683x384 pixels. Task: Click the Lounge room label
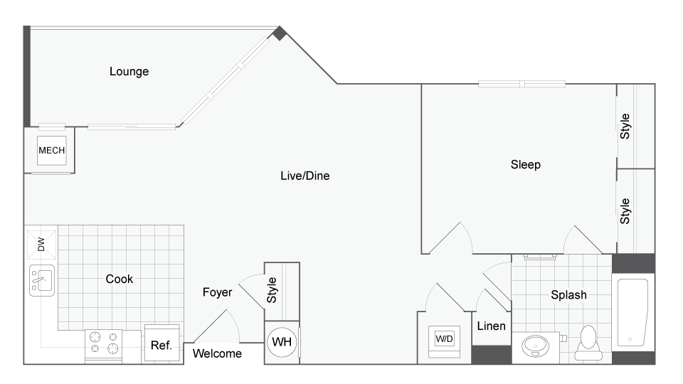point(129,72)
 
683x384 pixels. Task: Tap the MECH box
point(51,150)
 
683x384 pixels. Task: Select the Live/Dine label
point(305,176)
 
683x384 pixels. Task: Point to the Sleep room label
point(526,165)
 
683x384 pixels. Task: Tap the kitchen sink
point(42,279)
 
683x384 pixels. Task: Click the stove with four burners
point(105,346)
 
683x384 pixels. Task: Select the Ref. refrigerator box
point(161,346)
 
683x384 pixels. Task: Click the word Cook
point(120,279)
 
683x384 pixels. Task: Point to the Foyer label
point(217,292)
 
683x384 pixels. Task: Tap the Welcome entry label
point(217,353)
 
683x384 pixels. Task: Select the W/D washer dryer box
point(444,339)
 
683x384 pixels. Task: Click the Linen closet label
point(491,326)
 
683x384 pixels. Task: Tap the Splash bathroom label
point(568,295)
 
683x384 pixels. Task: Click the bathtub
point(632,312)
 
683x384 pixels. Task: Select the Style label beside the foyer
point(272,290)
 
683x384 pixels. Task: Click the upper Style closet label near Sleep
point(625,126)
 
